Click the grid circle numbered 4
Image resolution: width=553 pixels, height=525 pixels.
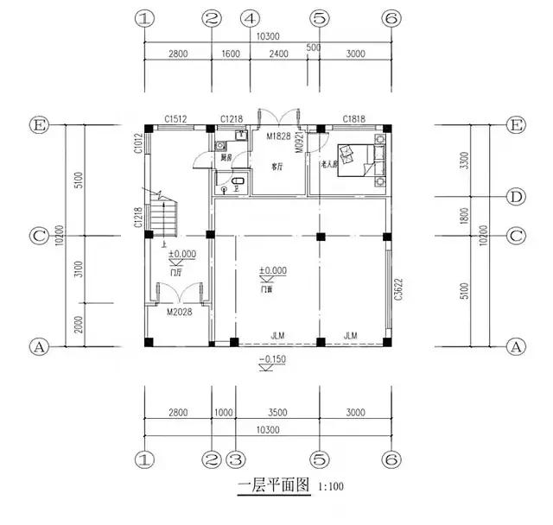(x=250, y=17)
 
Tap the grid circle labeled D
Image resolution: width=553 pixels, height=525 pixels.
(x=516, y=197)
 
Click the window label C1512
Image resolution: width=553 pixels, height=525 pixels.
(x=178, y=119)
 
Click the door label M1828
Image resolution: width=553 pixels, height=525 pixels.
(x=277, y=137)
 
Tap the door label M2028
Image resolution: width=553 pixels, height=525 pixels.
(x=180, y=313)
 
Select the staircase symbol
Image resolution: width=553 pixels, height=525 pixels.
(x=163, y=216)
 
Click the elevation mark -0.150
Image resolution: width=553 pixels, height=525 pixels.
(x=273, y=359)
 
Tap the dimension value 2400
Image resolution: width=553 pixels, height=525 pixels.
(x=283, y=54)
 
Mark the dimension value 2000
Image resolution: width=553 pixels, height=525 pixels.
(x=79, y=325)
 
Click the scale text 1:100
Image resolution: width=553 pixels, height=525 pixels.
(x=328, y=488)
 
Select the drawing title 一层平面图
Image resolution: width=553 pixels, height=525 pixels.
(x=273, y=486)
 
